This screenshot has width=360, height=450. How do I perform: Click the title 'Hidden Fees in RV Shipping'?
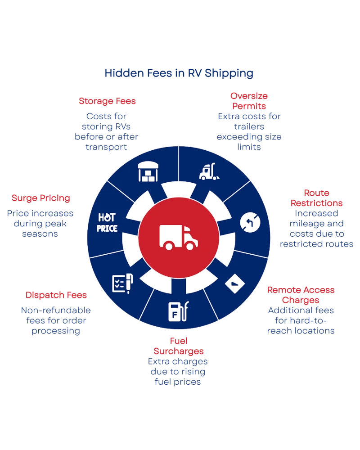(x=179, y=73)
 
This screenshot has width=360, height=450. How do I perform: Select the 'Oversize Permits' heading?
(x=249, y=101)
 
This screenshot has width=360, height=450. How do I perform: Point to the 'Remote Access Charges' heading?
(x=301, y=295)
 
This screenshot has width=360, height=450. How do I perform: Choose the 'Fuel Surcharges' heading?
(x=179, y=345)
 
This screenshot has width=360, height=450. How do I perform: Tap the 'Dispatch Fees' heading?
(x=56, y=295)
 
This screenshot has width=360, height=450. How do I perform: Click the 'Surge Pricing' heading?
(x=41, y=198)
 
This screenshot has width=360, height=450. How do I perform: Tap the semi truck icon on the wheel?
(x=209, y=171)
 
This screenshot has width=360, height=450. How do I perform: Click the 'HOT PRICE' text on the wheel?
(x=107, y=222)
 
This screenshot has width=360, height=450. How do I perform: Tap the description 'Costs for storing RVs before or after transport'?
(x=107, y=131)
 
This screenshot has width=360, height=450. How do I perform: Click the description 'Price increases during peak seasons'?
(x=41, y=224)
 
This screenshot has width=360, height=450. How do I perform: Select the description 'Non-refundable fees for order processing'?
(x=56, y=320)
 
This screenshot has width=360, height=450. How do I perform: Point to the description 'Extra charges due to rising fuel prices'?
(x=179, y=372)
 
